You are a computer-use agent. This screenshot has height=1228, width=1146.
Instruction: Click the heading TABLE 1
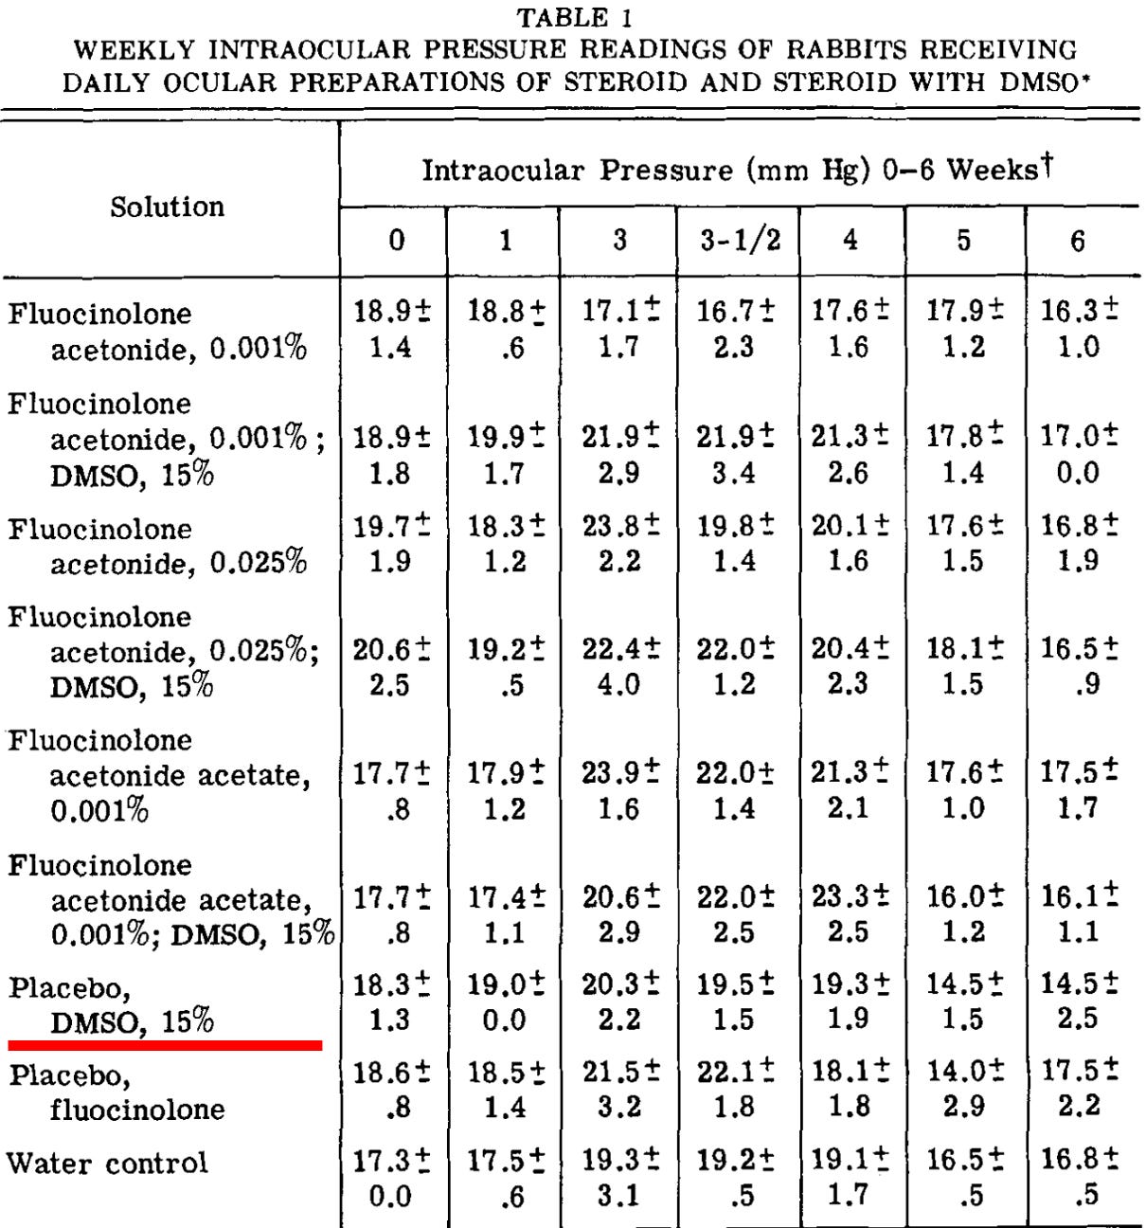[x=574, y=17]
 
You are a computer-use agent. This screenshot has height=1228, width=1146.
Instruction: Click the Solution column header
[x=167, y=207]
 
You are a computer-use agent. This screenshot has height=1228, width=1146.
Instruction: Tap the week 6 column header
[x=1078, y=241]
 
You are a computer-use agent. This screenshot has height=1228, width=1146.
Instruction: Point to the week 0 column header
[x=395, y=241]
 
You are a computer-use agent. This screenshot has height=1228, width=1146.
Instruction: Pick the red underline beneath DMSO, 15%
[x=165, y=1044]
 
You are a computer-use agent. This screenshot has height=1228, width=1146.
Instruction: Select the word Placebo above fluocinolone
[x=69, y=1076]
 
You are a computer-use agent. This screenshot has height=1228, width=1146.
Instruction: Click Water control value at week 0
[x=391, y=1178]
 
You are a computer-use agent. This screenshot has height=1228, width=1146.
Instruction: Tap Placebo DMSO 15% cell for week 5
[x=964, y=1001]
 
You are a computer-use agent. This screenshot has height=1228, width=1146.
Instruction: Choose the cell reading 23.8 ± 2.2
[x=620, y=544]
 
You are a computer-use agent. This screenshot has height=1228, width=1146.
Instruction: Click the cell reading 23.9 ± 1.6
[x=620, y=790]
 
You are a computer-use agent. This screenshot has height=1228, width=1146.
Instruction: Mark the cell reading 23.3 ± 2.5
[x=850, y=913]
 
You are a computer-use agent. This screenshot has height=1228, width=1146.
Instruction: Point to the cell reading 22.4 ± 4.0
[x=620, y=666]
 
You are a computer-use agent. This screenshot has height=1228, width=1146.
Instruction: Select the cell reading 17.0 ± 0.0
[x=1079, y=454]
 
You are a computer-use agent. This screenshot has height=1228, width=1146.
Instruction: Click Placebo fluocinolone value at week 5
[x=964, y=1088]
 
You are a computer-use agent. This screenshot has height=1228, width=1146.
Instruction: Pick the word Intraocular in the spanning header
[x=503, y=171]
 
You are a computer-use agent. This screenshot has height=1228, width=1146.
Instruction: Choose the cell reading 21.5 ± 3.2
[x=620, y=1088]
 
